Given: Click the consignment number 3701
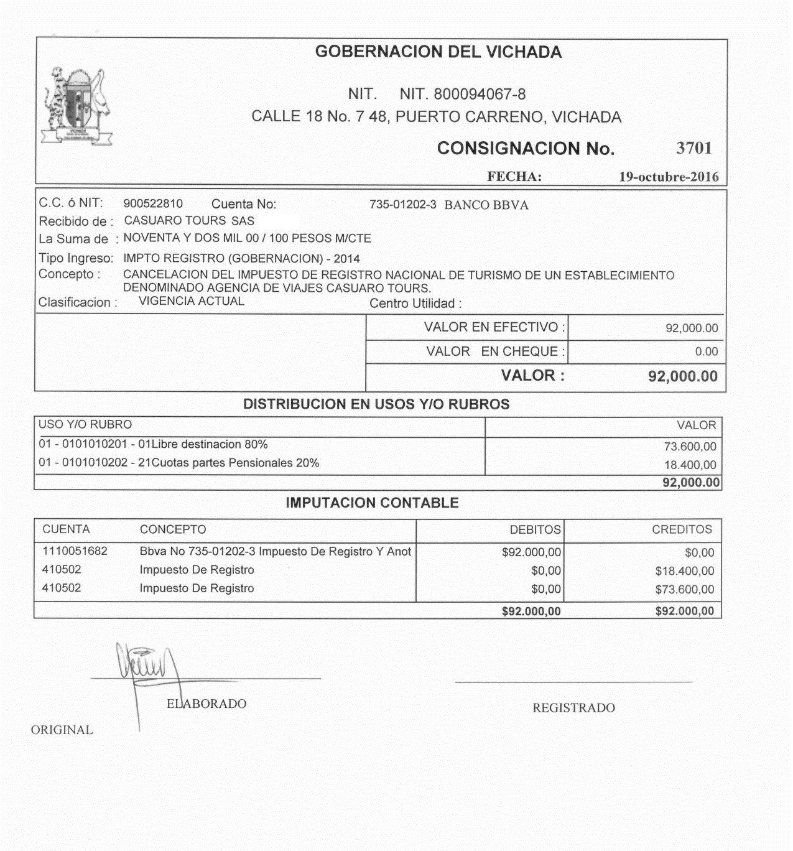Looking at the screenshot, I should click(x=693, y=148).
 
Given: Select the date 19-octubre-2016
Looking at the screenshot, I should click(x=669, y=177).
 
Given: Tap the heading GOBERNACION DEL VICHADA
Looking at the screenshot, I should click(x=438, y=52).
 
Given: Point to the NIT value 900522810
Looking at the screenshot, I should click(x=153, y=204).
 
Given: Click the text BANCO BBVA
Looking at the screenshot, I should click(x=486, y=205).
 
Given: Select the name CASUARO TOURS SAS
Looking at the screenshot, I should click(x=189, y=221).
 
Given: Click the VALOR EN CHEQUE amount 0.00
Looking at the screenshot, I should click(x=707, y=352).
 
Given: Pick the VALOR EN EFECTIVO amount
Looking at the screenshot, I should click(x=692, y=328).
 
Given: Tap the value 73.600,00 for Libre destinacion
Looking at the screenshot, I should click(x=690, y=447).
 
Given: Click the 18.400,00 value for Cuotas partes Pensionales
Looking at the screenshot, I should click(x=690, y=465).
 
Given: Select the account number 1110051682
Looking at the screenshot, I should click(x=75, y=551).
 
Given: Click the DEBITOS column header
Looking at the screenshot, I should click(x=535, y=530).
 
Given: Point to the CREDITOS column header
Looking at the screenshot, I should click(x=682, y=530).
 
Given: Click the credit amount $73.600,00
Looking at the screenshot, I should click(x=685, y=590).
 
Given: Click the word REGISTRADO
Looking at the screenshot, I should click(x=573, y=708).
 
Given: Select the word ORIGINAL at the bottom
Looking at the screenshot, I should click(x=62, y=730).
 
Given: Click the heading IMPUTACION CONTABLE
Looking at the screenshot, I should click(x=372, y=503).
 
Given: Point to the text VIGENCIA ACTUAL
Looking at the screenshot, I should click(x=192, y=302).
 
